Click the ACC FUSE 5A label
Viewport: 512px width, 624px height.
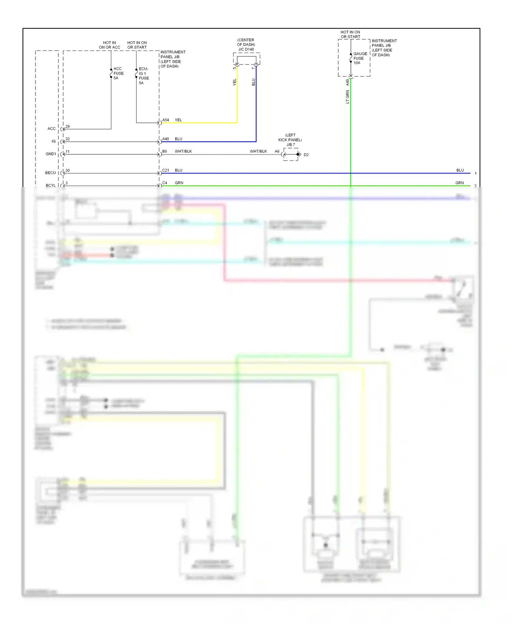[x=118, y=73]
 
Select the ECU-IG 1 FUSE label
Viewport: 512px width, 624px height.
[x=144, y=76]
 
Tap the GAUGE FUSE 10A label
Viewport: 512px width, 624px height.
[x=360, y=58]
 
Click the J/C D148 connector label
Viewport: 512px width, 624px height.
[x=246, y=49]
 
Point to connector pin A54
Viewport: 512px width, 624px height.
[x=166, y=120]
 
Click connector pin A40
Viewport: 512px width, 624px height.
[x=166, y=139]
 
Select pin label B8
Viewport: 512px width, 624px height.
[x=165, y=151]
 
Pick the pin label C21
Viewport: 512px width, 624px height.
[x=166, y=170]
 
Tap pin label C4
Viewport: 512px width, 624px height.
[x=165, y=183]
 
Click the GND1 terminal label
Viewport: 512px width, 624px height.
[x=51, y=154]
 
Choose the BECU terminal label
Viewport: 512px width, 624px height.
[x=50, y=173]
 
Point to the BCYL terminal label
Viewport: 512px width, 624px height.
[x=51, y=185]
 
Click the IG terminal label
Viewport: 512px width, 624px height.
[x=54, y=141]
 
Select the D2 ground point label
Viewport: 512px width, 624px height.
[x=306, y=155]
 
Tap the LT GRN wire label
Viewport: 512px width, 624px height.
[x=347, y=97]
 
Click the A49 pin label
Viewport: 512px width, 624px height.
[x=347, y=82]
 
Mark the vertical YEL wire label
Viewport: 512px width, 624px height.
[x=234, y=82]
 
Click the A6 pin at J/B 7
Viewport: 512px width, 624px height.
[x=277, y=151]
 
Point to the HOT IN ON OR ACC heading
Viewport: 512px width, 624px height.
[x=110, y=45]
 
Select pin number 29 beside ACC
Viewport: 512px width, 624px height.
[x=68, y=126]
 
